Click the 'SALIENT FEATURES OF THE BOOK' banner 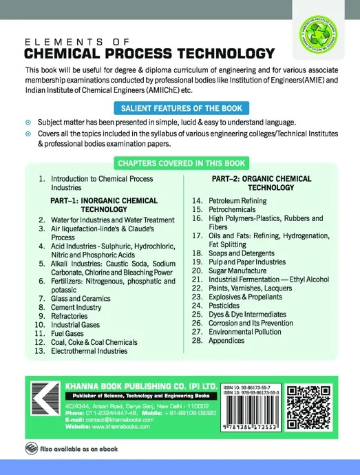[x=181, y=108]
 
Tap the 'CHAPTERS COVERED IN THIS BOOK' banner [x=180, y=163]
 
